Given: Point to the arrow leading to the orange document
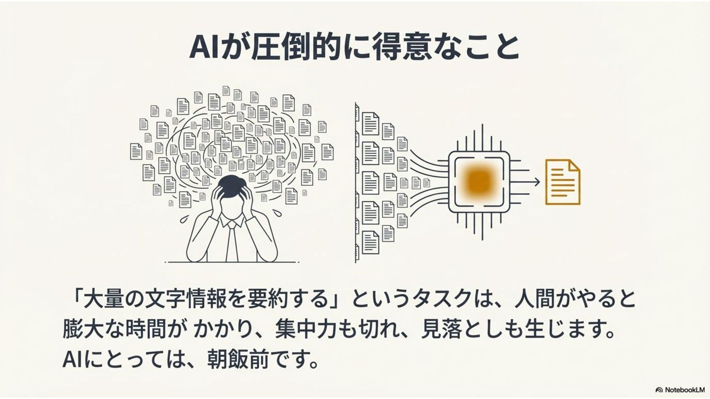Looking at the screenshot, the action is click(x=532, y=181).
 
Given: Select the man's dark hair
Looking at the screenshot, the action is click(x=232, y=183).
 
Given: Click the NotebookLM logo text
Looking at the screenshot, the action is click(x=684, y=390).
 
